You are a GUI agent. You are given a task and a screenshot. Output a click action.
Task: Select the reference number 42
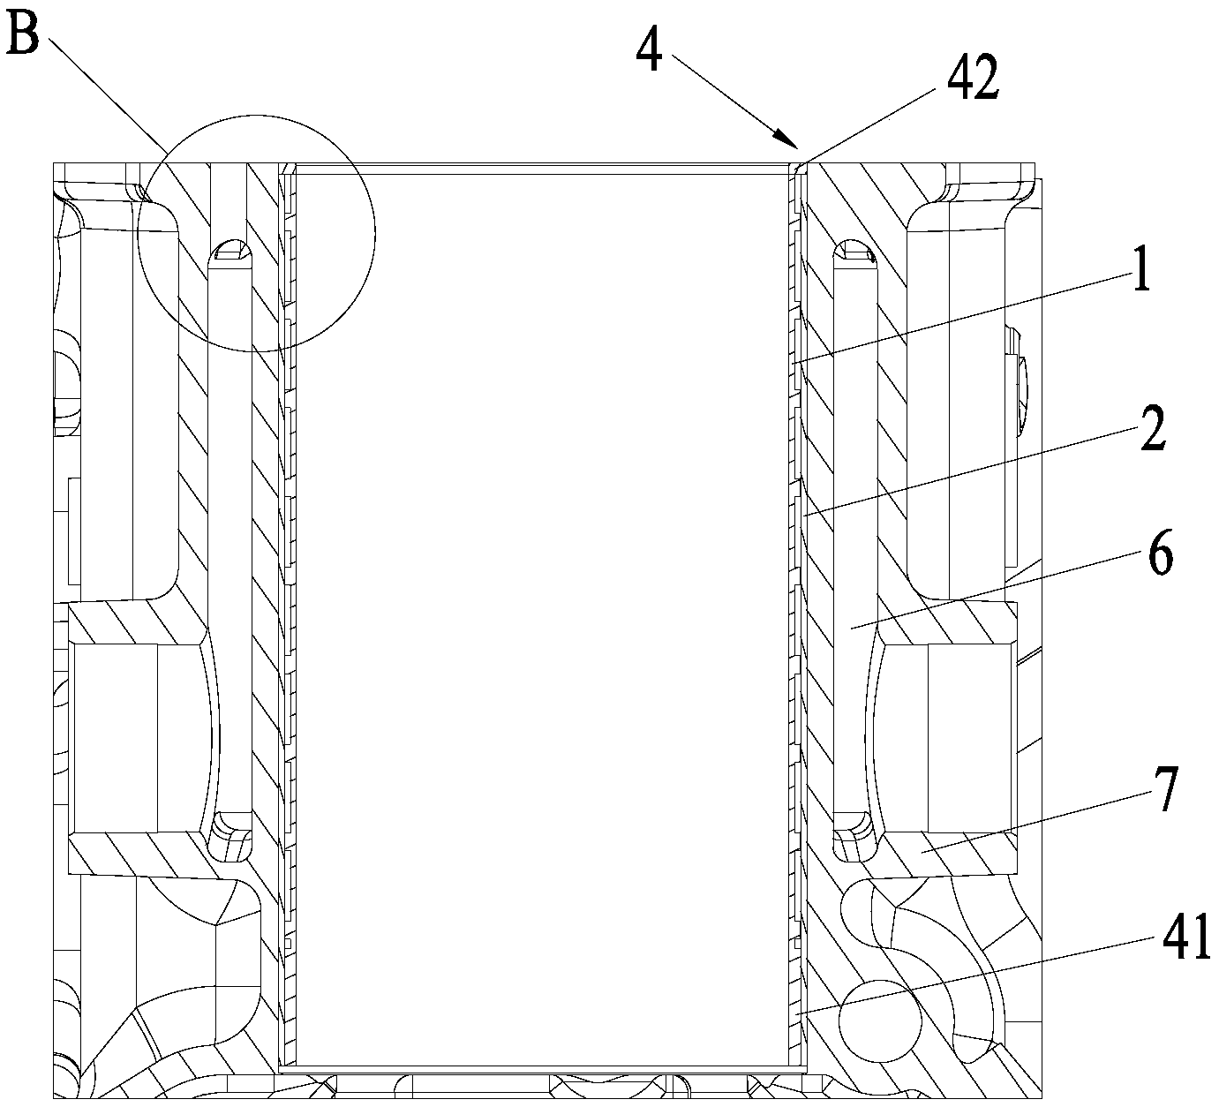pyautogui.click(x=973, y=82)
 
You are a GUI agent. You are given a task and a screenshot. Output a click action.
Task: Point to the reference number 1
pyautogui.click(x=1141, y=274)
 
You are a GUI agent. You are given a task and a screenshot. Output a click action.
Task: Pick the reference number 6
pyautogui.click(x=1160, y=556)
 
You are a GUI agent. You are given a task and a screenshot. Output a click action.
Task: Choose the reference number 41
pyautogui.click(x=1183, y=938)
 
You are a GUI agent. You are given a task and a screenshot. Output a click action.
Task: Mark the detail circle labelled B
pyautogui.click(x=257, y=233)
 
